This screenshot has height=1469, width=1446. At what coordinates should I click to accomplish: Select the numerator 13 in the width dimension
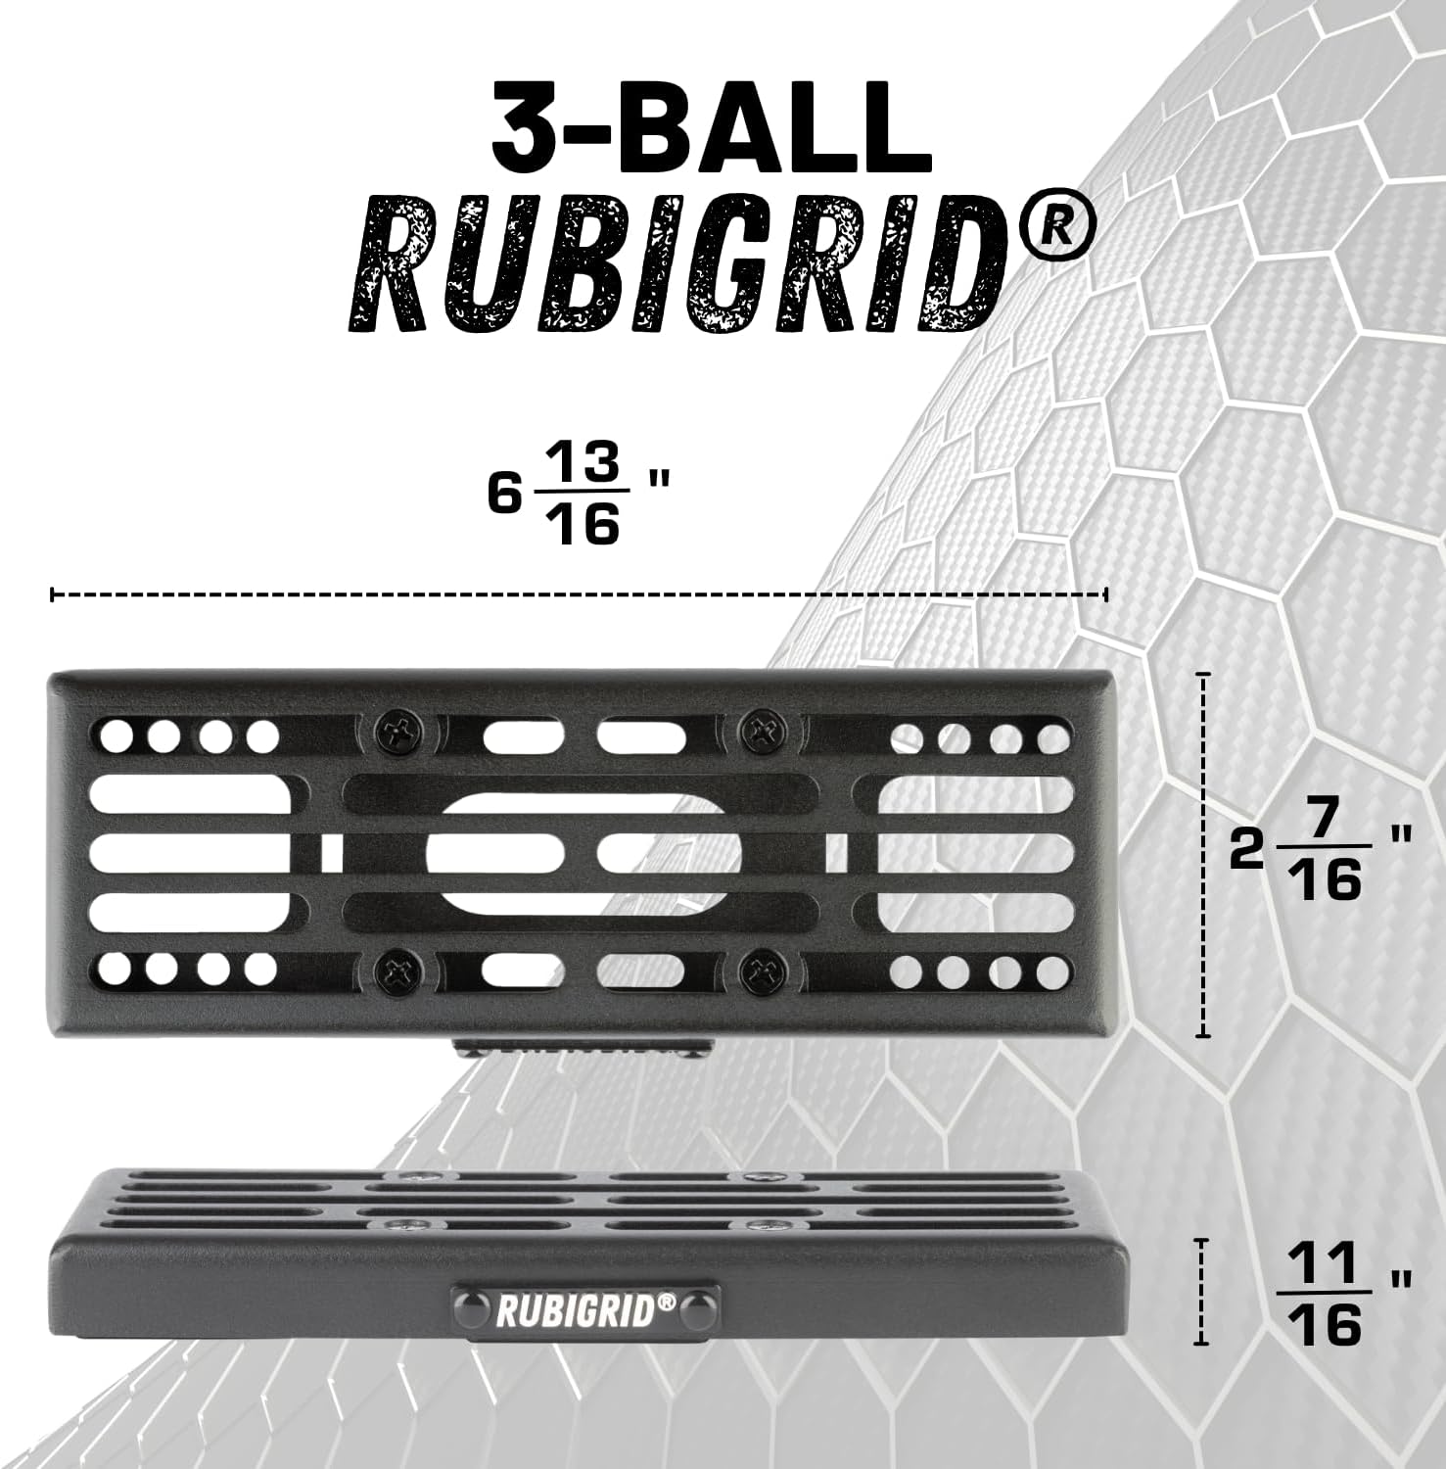[x=584, y=461]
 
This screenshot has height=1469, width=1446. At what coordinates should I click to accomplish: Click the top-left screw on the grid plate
[x=398, y=730]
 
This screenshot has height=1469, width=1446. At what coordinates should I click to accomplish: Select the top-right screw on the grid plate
[x=761, y=730]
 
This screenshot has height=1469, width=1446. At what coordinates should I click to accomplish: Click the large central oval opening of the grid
[x=583, y=851]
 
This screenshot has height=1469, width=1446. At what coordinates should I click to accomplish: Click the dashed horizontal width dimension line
[x=578, y=593]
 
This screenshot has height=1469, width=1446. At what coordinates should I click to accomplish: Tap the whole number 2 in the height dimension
[x=1247, y=852]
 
